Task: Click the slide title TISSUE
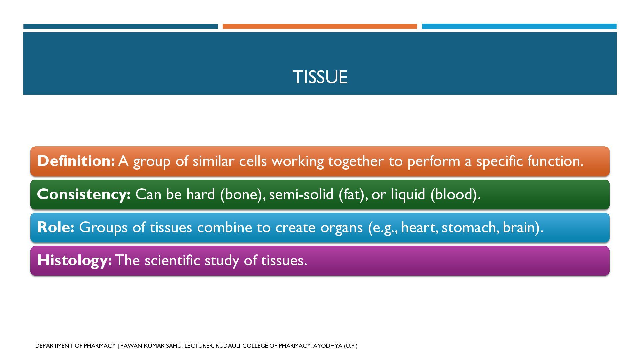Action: (320, 77)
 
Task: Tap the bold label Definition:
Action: (76, 161)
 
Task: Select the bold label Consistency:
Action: (84, 194)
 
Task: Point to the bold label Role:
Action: (55, 227)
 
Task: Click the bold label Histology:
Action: (74, 260)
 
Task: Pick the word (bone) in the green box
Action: (241, 194)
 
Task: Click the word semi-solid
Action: (301, 194)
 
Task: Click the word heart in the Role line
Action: (419, 227)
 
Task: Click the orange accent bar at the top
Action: (320, 26)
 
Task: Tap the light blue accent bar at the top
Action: (519, 26)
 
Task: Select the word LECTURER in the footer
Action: (198, 346)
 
